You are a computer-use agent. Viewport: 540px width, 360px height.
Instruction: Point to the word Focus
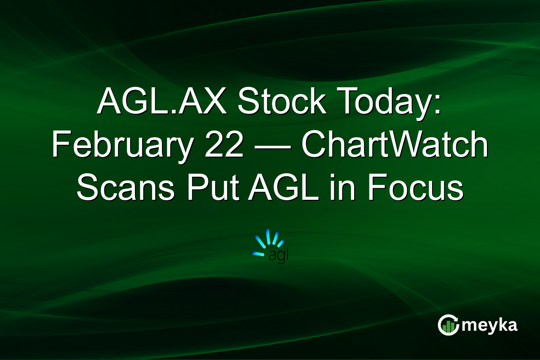pyautogui.click(x=414, y=189)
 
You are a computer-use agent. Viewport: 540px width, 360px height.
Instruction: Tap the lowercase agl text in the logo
pyautogui.click(x=278, y=256)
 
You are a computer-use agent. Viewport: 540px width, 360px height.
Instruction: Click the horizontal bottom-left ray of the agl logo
pyautogui.click(x=258, y=254)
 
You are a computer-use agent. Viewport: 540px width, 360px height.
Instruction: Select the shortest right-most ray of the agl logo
pyautogui.click(x=281, y=243)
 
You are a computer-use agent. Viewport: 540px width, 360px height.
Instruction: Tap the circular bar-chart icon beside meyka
pyautogui.click(x=448, y=325)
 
